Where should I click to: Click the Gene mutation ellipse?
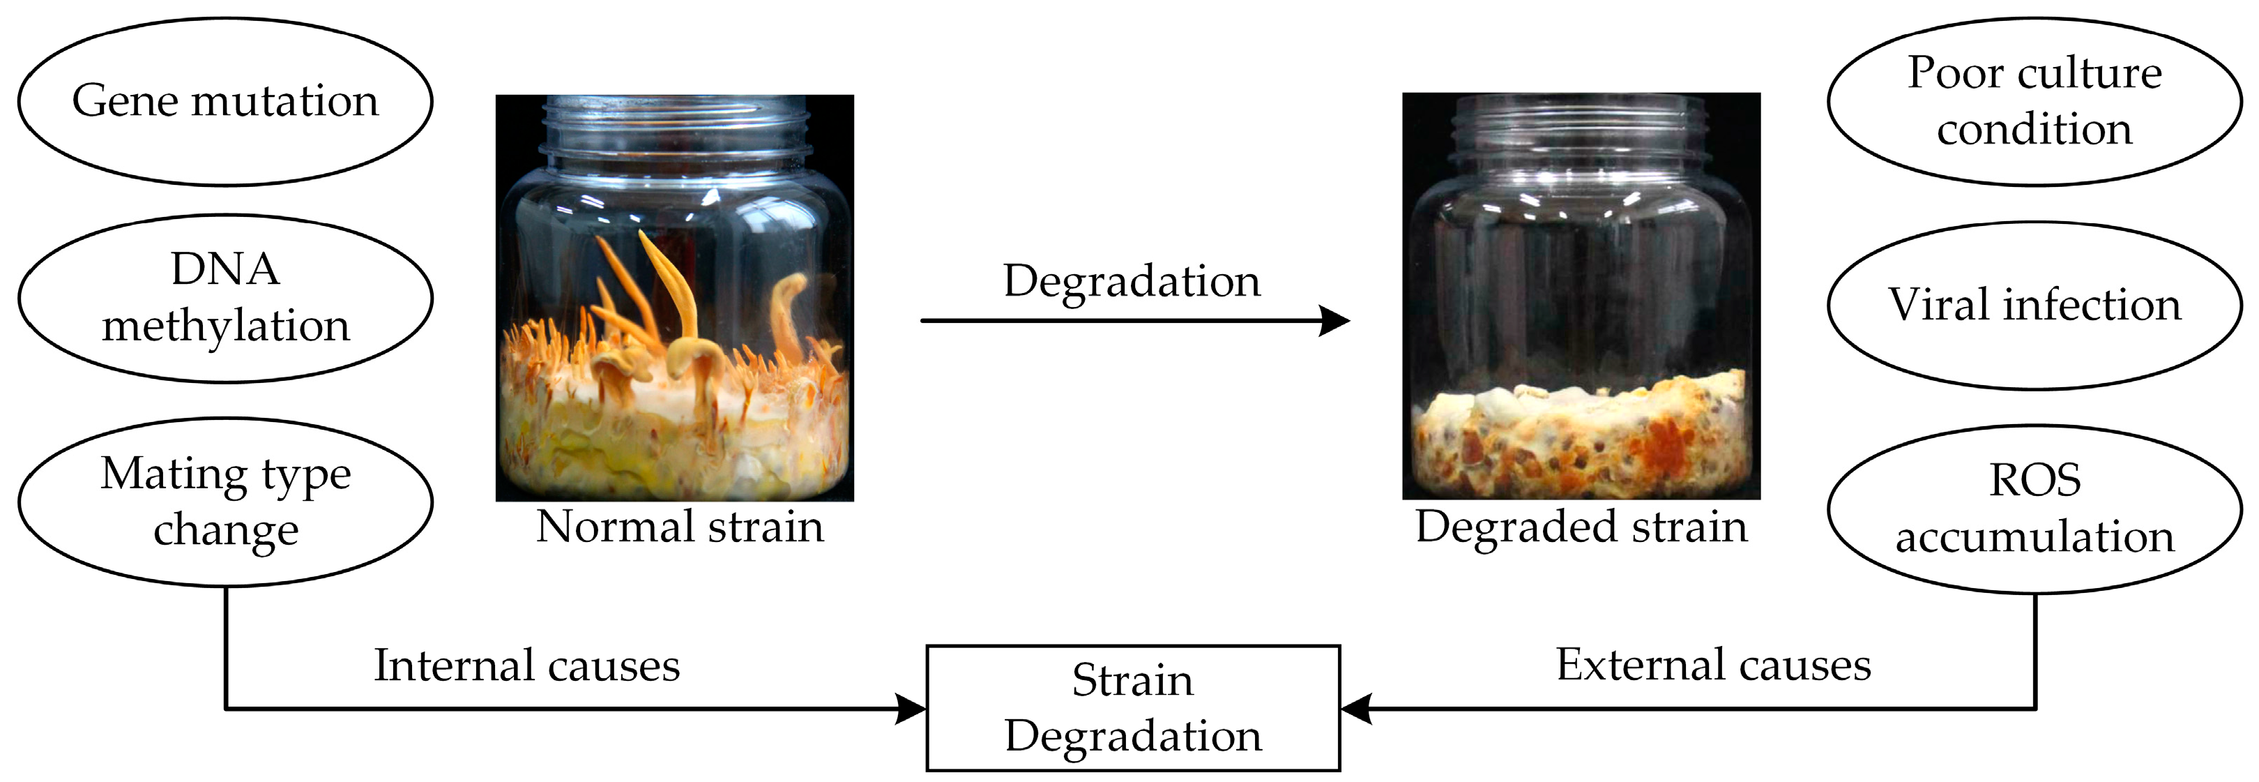point(225,101)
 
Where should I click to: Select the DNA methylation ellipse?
point(225,299)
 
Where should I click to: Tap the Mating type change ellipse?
point(225,502)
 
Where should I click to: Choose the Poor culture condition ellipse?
point(2034,101)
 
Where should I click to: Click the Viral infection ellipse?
point(2034,306)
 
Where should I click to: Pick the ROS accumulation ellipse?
point(2034,509)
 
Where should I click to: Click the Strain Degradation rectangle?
point(1133,708)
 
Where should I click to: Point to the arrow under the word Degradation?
point(1132,321)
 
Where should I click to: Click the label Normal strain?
point(680,527)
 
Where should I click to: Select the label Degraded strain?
point(1581,527)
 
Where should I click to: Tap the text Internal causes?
point(526,666)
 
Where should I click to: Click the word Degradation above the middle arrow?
point(1132,282)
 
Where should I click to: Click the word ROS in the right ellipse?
point(2034,480)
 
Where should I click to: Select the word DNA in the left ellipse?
point(225,269)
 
